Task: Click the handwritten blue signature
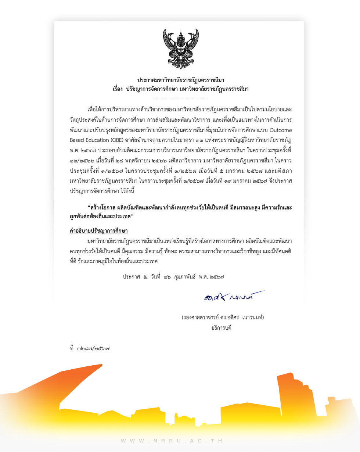tap(234, 296)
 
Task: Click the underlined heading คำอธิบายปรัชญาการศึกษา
tap(98, 231)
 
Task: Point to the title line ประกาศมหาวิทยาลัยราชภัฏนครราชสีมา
tap(180, 80)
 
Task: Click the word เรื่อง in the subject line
tap(118, 89)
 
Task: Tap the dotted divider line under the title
tap(180, 98)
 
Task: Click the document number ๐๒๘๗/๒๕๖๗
tap(93, 348)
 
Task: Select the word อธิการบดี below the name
tap(221, 327)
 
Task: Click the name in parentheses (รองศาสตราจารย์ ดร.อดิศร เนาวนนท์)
tap(223, 317)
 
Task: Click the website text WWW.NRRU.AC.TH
tap(172, 440)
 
